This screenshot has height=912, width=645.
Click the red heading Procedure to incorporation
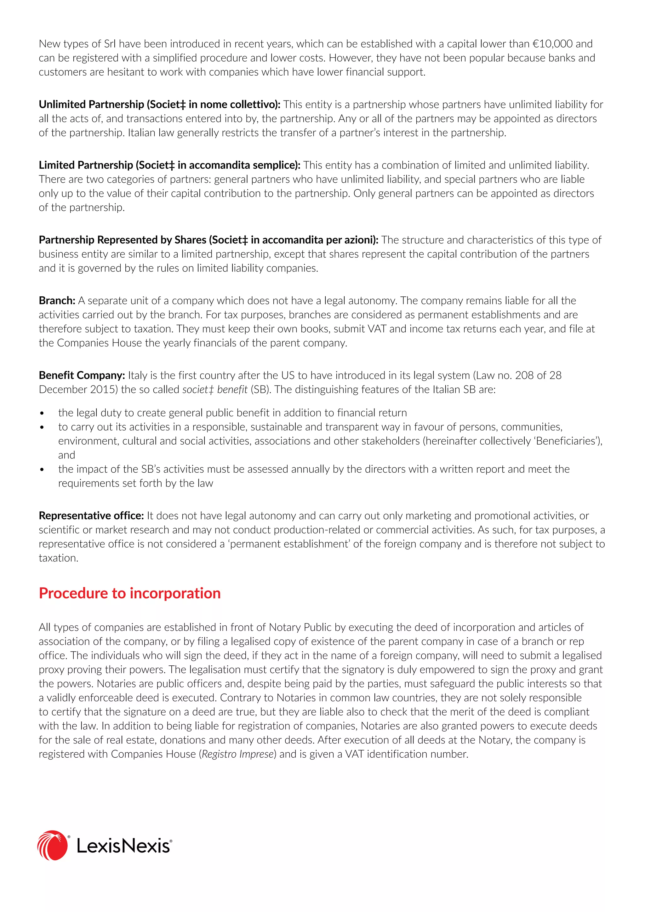click(129, 593)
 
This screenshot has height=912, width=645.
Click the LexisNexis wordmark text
click(123, 846)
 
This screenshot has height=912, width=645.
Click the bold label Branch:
click(57, 301)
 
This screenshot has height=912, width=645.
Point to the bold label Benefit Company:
click(82, 375)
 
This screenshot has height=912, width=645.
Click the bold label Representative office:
click(91, 516)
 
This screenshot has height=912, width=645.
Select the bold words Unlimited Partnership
click(91, 105)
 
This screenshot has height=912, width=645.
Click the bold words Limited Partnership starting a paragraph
click(86, 165)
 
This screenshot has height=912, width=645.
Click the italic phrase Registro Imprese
click(237, 754)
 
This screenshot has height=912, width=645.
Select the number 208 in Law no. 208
click(535, 375)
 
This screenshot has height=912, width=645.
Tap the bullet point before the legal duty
click(42, 413)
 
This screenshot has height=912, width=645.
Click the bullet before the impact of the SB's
click(42, 470)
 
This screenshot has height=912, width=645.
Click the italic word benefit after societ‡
click(232, 390)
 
